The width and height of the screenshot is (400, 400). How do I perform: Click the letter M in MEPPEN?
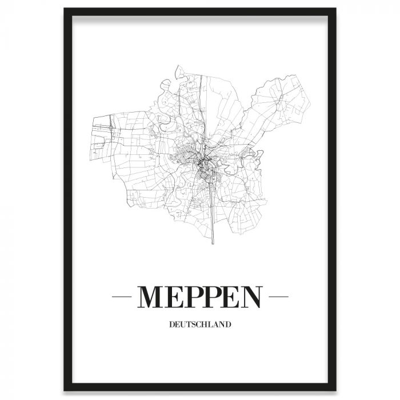coord(151,295)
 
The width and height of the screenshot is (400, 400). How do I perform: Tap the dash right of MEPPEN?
coord(278,296)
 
